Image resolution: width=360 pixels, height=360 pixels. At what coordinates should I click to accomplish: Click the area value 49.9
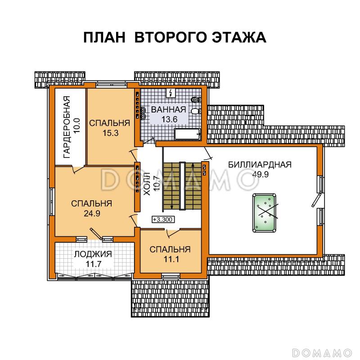(260, 175)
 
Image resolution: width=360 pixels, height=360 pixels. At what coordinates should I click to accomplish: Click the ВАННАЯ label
(168, 110)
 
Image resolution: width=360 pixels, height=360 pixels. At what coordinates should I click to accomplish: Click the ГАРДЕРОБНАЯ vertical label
(67, 127)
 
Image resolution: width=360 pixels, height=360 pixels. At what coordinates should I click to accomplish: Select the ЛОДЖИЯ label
(93, 254)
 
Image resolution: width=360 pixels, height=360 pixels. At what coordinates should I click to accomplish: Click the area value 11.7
(93, 264)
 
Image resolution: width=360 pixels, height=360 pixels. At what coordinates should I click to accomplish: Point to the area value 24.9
(92, 214)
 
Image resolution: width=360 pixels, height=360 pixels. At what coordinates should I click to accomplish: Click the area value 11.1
(170, 259)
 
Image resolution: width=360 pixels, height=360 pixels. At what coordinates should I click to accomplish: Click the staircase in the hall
(182, 185)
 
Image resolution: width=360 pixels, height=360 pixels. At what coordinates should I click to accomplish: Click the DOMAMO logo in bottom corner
(322, 351)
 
